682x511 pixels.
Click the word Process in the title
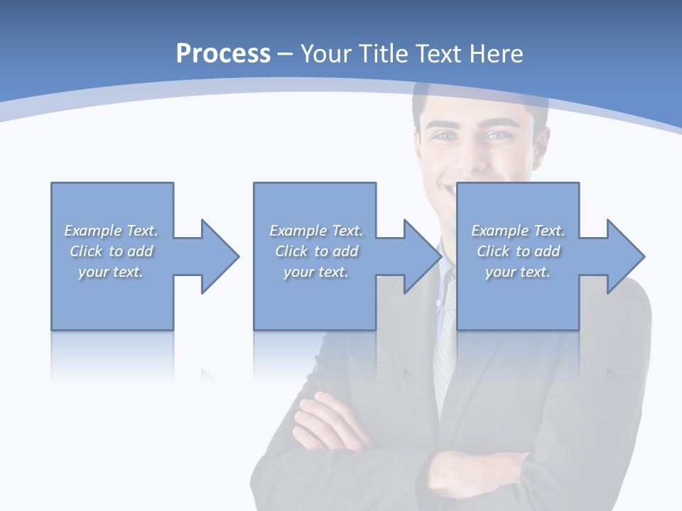click(223, 54)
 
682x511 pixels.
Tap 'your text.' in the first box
click(111, 272)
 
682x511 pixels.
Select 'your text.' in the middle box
click(315, 272)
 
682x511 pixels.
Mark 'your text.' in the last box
click(518, 272)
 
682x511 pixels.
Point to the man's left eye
click(498, 135)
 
